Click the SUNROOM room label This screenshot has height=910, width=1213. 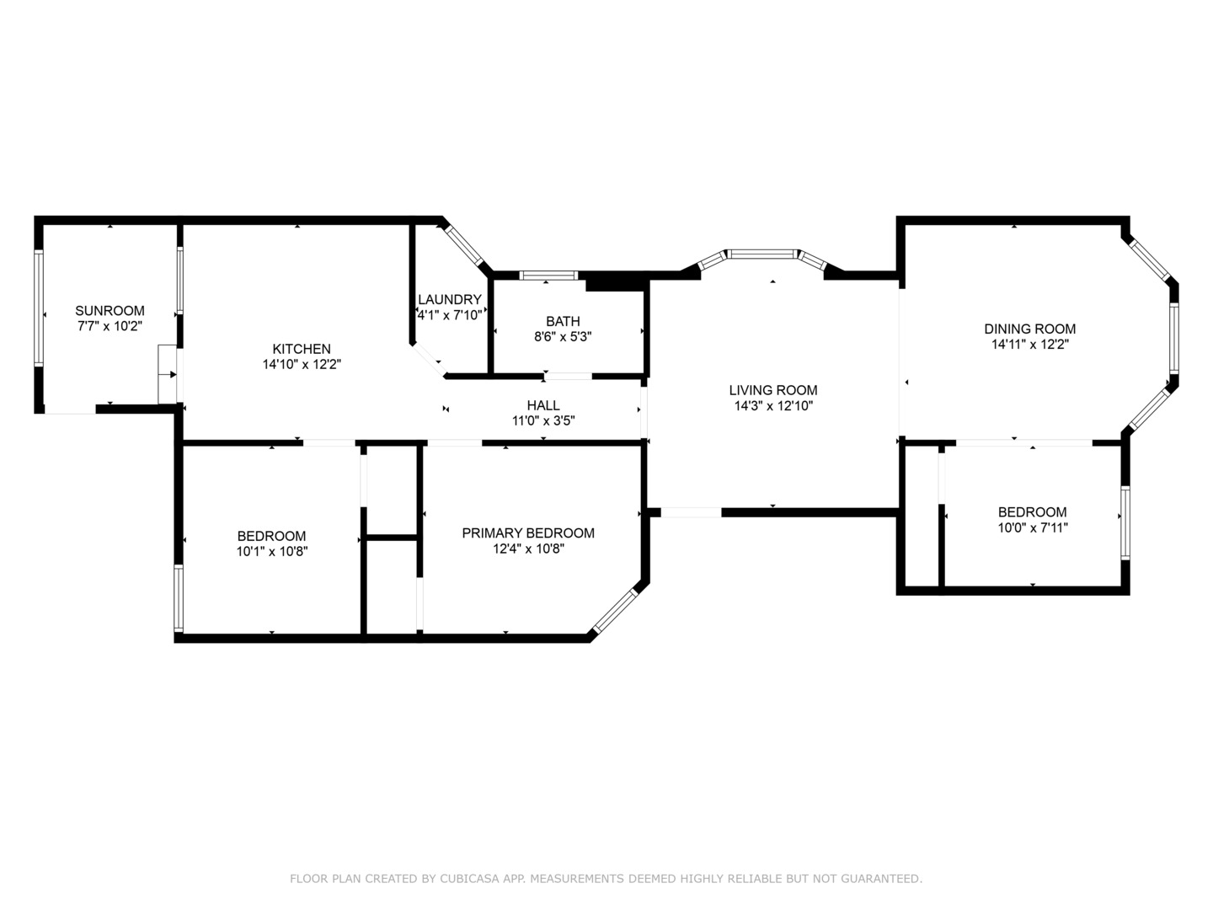pos(110,310)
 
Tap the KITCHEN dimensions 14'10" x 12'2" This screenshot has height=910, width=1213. pos(302,365)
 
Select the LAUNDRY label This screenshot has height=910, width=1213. pos(450,299)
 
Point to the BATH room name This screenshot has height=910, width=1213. pos(563,321)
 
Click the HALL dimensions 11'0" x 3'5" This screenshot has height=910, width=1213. pos(543,420)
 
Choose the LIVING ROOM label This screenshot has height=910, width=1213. pos(772,390)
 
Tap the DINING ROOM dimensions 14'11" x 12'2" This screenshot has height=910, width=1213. pos(1030,345)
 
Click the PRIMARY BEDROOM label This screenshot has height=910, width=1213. pos(528,533)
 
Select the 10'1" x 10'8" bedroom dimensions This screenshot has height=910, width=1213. pos(271,552)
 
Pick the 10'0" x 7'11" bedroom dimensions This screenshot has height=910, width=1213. pos(1032,528)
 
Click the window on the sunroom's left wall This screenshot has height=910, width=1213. pos(38,308)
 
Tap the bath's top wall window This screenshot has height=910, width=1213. pos(548,275)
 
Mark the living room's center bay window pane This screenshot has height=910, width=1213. pos(761,253)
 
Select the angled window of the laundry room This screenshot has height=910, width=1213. pos(464,245)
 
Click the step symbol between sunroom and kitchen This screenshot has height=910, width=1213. pos(167,374)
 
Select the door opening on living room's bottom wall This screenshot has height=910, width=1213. pos(691,511)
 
